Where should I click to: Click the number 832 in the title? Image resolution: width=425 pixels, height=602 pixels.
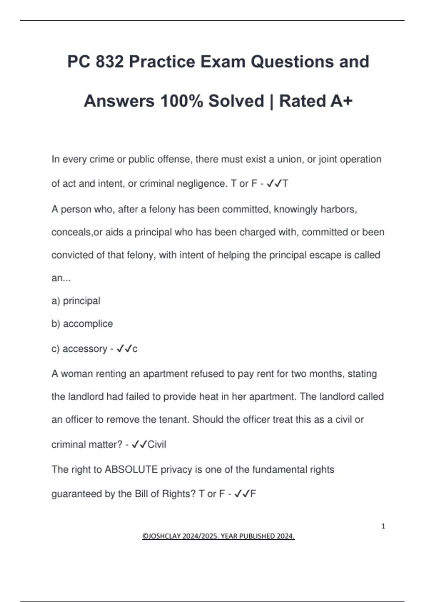click(110, 62)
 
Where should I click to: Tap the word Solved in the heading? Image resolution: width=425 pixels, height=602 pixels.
click(236, 101)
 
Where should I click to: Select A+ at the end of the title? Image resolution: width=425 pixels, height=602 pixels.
click(341, 101)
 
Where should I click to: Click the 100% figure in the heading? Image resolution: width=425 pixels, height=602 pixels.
click(182, 101)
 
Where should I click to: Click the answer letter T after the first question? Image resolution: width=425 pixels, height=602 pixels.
click(285, 183)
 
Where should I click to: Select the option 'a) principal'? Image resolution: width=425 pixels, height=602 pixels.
click(76, 301)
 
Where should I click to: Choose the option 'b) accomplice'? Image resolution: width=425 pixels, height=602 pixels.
click(82, 324)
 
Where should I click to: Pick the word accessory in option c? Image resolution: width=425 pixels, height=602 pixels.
click(85, 349)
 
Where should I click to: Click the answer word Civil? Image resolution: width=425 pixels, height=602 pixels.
click(157, 444)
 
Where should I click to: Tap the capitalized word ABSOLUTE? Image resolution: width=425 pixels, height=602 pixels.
click(131, 470)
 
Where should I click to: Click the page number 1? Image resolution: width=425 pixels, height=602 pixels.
click(383, 526)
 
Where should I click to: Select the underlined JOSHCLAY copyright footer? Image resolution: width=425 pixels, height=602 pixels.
click(218, 536)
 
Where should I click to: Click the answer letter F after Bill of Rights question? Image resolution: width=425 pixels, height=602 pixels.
click(253, 494)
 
